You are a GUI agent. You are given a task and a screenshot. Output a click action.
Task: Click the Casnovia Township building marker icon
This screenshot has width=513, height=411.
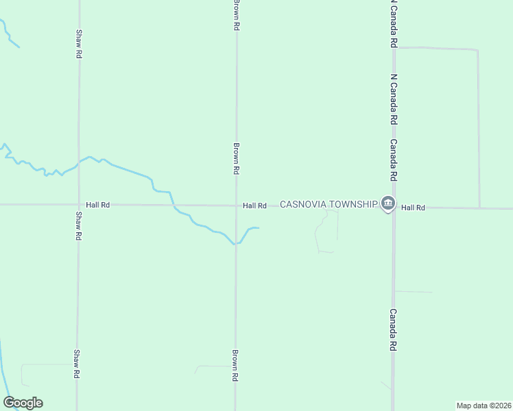pyautogui.click(x=388, y=204)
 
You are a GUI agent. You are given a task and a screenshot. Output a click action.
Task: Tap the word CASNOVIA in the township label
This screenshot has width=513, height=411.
pyautogui.click(x=302, y=205)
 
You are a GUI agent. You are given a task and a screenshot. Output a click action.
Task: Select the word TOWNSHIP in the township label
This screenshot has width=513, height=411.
pyautogui.click(x=353, y=205)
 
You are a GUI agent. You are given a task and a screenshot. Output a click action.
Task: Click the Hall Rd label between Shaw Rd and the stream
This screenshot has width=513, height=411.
pyautogui.click(x=98, y=205)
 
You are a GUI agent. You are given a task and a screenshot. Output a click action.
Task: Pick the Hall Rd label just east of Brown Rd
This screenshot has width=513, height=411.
pyautogui.click(x=254, y=206)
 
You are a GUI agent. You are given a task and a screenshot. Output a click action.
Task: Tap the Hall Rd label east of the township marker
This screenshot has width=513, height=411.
pyautogui.click(x=414, y=207)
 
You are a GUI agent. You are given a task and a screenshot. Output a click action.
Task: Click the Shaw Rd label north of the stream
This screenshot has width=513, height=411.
pyautogui.click(x=79, y=43)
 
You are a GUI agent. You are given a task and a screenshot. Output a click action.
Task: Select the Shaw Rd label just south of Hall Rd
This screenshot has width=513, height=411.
pyautogui.click(x=78, y=226)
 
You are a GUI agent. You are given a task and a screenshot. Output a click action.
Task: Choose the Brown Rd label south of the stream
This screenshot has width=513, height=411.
pyautogui.click(x=235, y=366)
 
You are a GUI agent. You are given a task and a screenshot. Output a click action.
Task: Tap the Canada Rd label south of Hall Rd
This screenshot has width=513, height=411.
pyautogui.click(x=394, y=329)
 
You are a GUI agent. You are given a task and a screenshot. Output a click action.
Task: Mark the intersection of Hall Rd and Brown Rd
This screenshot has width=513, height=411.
pyautogui.click(x=236, y=206)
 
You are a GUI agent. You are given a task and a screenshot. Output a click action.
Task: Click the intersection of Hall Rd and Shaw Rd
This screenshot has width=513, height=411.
pyautogui.click(x=79, y=205)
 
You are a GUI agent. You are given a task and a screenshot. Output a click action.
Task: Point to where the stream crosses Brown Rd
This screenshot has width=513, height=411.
pyautogui.click(x=236, y=243)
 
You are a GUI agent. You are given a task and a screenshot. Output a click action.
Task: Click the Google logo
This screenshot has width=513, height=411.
pyautogui.click(x=23, y=403)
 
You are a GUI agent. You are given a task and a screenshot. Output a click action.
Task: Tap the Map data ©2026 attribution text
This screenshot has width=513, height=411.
pyautogui.click(x=484, y=405)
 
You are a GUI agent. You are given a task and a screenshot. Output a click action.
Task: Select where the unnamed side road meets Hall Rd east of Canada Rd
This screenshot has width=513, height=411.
pyautogui.click(x=479, y=208)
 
